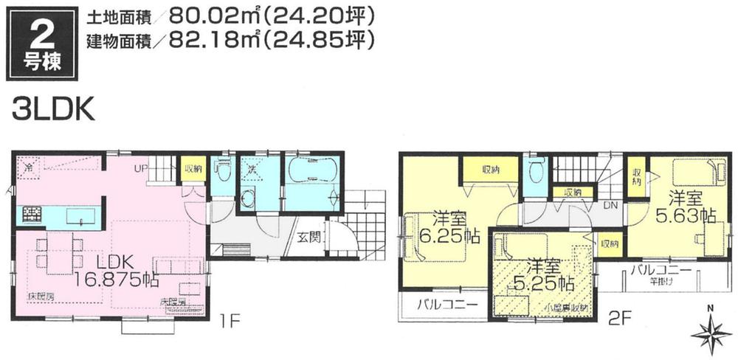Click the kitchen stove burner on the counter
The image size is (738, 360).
(x=32, y=216)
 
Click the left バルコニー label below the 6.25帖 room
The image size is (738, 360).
(x=442, y=305)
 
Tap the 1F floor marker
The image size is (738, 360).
(x=234, y=322)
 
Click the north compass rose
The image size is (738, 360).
(x=710, y=332)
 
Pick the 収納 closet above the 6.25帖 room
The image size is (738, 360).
(x=491, y=170)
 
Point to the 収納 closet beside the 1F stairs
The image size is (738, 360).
(x=194, y=169)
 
